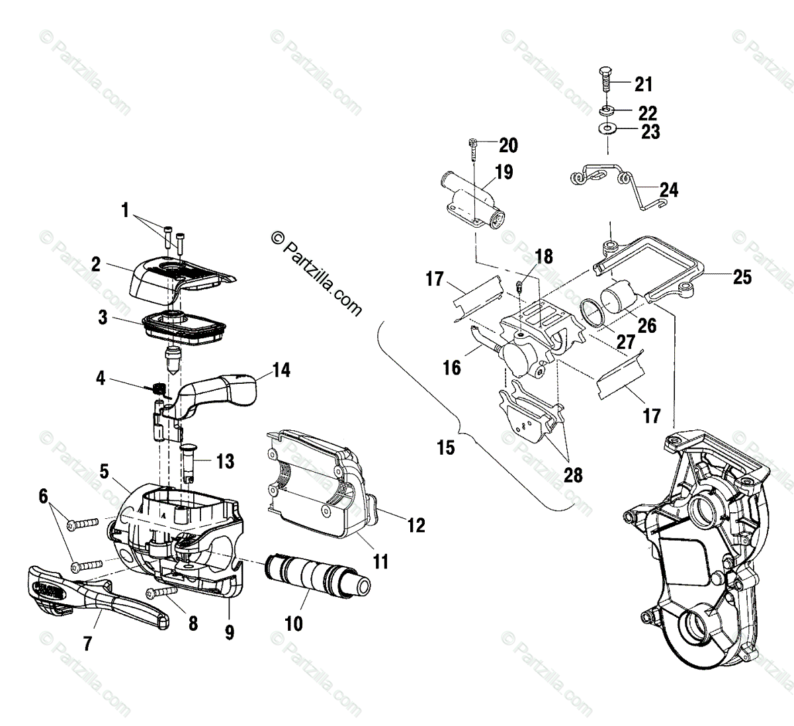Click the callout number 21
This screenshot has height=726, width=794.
coord(643,84)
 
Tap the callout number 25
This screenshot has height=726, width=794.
coord(742,277)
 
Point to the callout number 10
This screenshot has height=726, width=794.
coord(294,623)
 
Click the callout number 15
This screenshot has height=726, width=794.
coord(446,448)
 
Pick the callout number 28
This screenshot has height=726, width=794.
coord(573,475)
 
